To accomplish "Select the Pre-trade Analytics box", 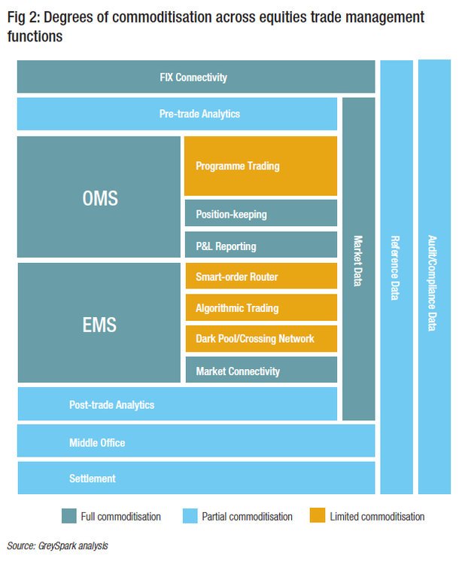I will (x=177, y=114).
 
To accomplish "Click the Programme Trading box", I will (x=260, y=166).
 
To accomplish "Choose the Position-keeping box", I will (x=260, y=214).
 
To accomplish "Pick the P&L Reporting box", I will (x=260, y=246).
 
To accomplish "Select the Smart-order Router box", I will (x=260, y=276).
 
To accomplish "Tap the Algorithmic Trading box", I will (x=260, y=307).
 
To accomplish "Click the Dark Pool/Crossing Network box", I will (x=260, y=338).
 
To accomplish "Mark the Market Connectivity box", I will (x=260, y=371).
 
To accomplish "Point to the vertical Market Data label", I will (x=358, y=261).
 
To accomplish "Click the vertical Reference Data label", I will (x=396, y=268).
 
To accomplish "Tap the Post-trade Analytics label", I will (x=111, y=405).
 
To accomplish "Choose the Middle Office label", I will (x=97, y=442).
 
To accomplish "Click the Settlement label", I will (x=93, y=478).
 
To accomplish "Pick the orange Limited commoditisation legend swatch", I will (x=317, y=516).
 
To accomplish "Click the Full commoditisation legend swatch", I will (x=69, y=516).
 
